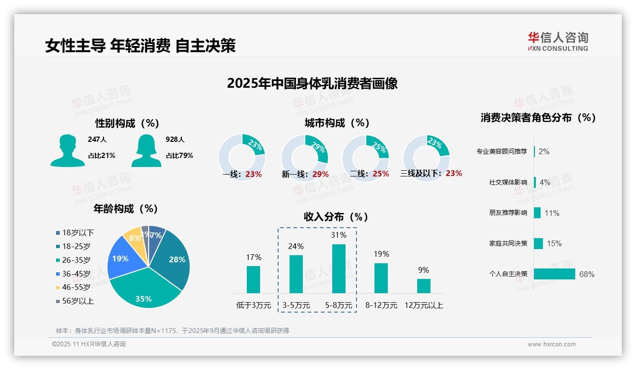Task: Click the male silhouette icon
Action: click(67, 151)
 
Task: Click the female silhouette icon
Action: click(146, 151)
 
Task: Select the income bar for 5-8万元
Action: click(338, 268)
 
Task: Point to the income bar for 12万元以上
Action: click(423, 286)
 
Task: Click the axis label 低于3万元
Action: click(253, 305)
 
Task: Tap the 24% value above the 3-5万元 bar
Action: click(296, 246)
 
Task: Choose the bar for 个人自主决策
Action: click(554, 274)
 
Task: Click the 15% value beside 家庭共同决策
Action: click(554, 243)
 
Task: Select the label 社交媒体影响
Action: click(508, 182)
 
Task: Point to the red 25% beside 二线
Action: click(381, 174)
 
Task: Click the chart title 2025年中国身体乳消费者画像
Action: click(312, 83)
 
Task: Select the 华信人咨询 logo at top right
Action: click(558, 41)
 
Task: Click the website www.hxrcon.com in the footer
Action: click(552, 344)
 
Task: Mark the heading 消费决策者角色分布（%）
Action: click(538, 118)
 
